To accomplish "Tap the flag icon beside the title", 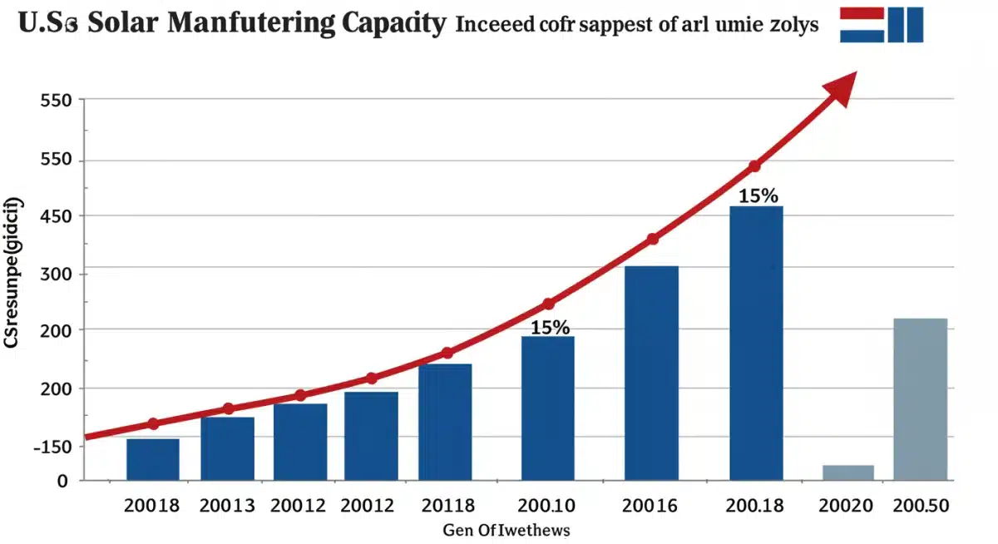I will tap(882, 24).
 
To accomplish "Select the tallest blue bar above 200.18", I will tap(756, 343).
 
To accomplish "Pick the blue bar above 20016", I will tap(651, 373).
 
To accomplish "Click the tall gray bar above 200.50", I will tap(920, 399).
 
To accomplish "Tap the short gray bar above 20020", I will tap(848, 472).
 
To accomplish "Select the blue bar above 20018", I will tap(153, 459).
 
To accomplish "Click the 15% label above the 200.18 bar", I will tap(758, 196).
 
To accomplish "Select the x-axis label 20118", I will tap(447, 505).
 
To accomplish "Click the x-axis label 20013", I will tap(227, 505).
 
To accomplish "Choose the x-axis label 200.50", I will tap(920, 505).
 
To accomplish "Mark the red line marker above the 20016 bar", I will tap(652, 239).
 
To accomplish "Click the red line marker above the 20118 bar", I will tap(447, 353).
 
